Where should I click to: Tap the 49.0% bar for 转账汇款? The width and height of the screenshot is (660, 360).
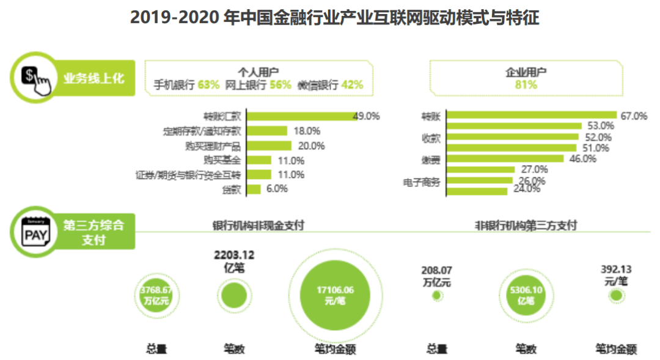[302, 116]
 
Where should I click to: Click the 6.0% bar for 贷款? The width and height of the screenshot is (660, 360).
[254, 189]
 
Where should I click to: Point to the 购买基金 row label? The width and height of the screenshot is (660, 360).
[222, 160]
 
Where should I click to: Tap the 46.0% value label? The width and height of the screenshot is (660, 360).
[582, 159]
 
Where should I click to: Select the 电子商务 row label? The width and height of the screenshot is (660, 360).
[422, 181]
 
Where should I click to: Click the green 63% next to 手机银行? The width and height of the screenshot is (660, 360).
[208, 85]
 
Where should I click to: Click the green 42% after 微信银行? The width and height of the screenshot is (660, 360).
[352, 85]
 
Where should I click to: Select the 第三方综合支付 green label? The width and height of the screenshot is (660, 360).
[94, 232]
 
